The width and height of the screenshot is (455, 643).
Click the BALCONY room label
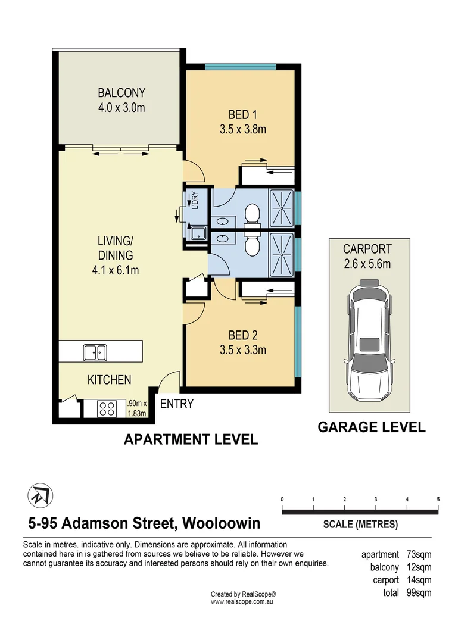[x=121, y=93]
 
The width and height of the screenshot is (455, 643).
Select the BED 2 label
[x=242, y=335]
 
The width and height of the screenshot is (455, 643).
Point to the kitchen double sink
[x=95, y=352]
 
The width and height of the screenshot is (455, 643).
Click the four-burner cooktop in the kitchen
[x=107, y=408]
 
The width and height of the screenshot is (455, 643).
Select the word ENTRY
[x=177, y=404]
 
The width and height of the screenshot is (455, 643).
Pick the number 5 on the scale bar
[x=438, y=499]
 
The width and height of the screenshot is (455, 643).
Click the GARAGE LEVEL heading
[x=372, y=427]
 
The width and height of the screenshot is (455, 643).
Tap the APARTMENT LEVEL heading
[x=191, y=440]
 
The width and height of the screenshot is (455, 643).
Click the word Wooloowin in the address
[x=221, y=523]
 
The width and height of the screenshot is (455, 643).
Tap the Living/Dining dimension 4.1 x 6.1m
[x=116, y=270]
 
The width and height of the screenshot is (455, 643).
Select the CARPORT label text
[x=367, y=249]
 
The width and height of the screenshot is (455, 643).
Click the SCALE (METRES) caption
[x=360, y=525]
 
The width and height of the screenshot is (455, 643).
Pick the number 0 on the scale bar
[x=282, y=499]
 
